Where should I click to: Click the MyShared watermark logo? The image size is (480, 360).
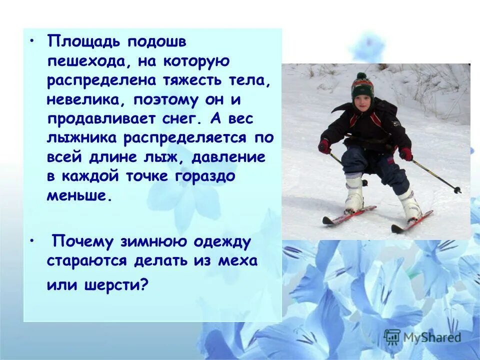coord(422,336)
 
